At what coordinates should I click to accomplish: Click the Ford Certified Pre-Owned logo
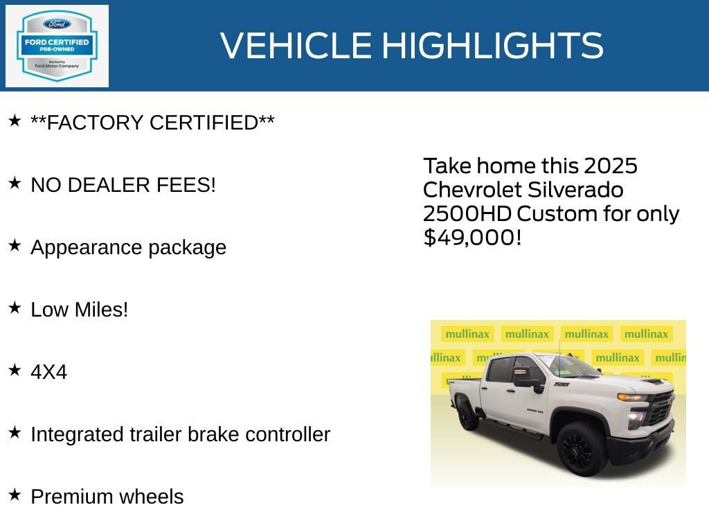tap(57, 46)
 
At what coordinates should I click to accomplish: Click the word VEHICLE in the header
tap(296, 46)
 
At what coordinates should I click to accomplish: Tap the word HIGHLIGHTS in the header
tap(492, 46)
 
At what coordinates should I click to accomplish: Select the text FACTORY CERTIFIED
tap(152, 123)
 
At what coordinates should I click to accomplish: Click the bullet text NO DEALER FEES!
tap(123, 185)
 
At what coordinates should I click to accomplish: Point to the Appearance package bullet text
tap(128, 247)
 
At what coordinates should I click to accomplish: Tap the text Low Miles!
tap(80, 310)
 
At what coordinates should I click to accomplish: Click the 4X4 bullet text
tap(48, 372)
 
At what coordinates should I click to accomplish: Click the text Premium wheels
tap(107, 497)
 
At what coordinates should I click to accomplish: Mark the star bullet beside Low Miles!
tap(15, 308)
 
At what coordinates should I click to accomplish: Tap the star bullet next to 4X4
tap(15, 370)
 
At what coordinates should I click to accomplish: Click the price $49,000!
tap(472, 238)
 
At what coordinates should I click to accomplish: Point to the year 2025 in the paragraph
tap(610, 166)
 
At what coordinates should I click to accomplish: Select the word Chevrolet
tap(470, 190)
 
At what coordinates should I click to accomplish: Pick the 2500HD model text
tap(467, 213)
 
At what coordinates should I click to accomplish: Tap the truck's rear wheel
tap(467, 416)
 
